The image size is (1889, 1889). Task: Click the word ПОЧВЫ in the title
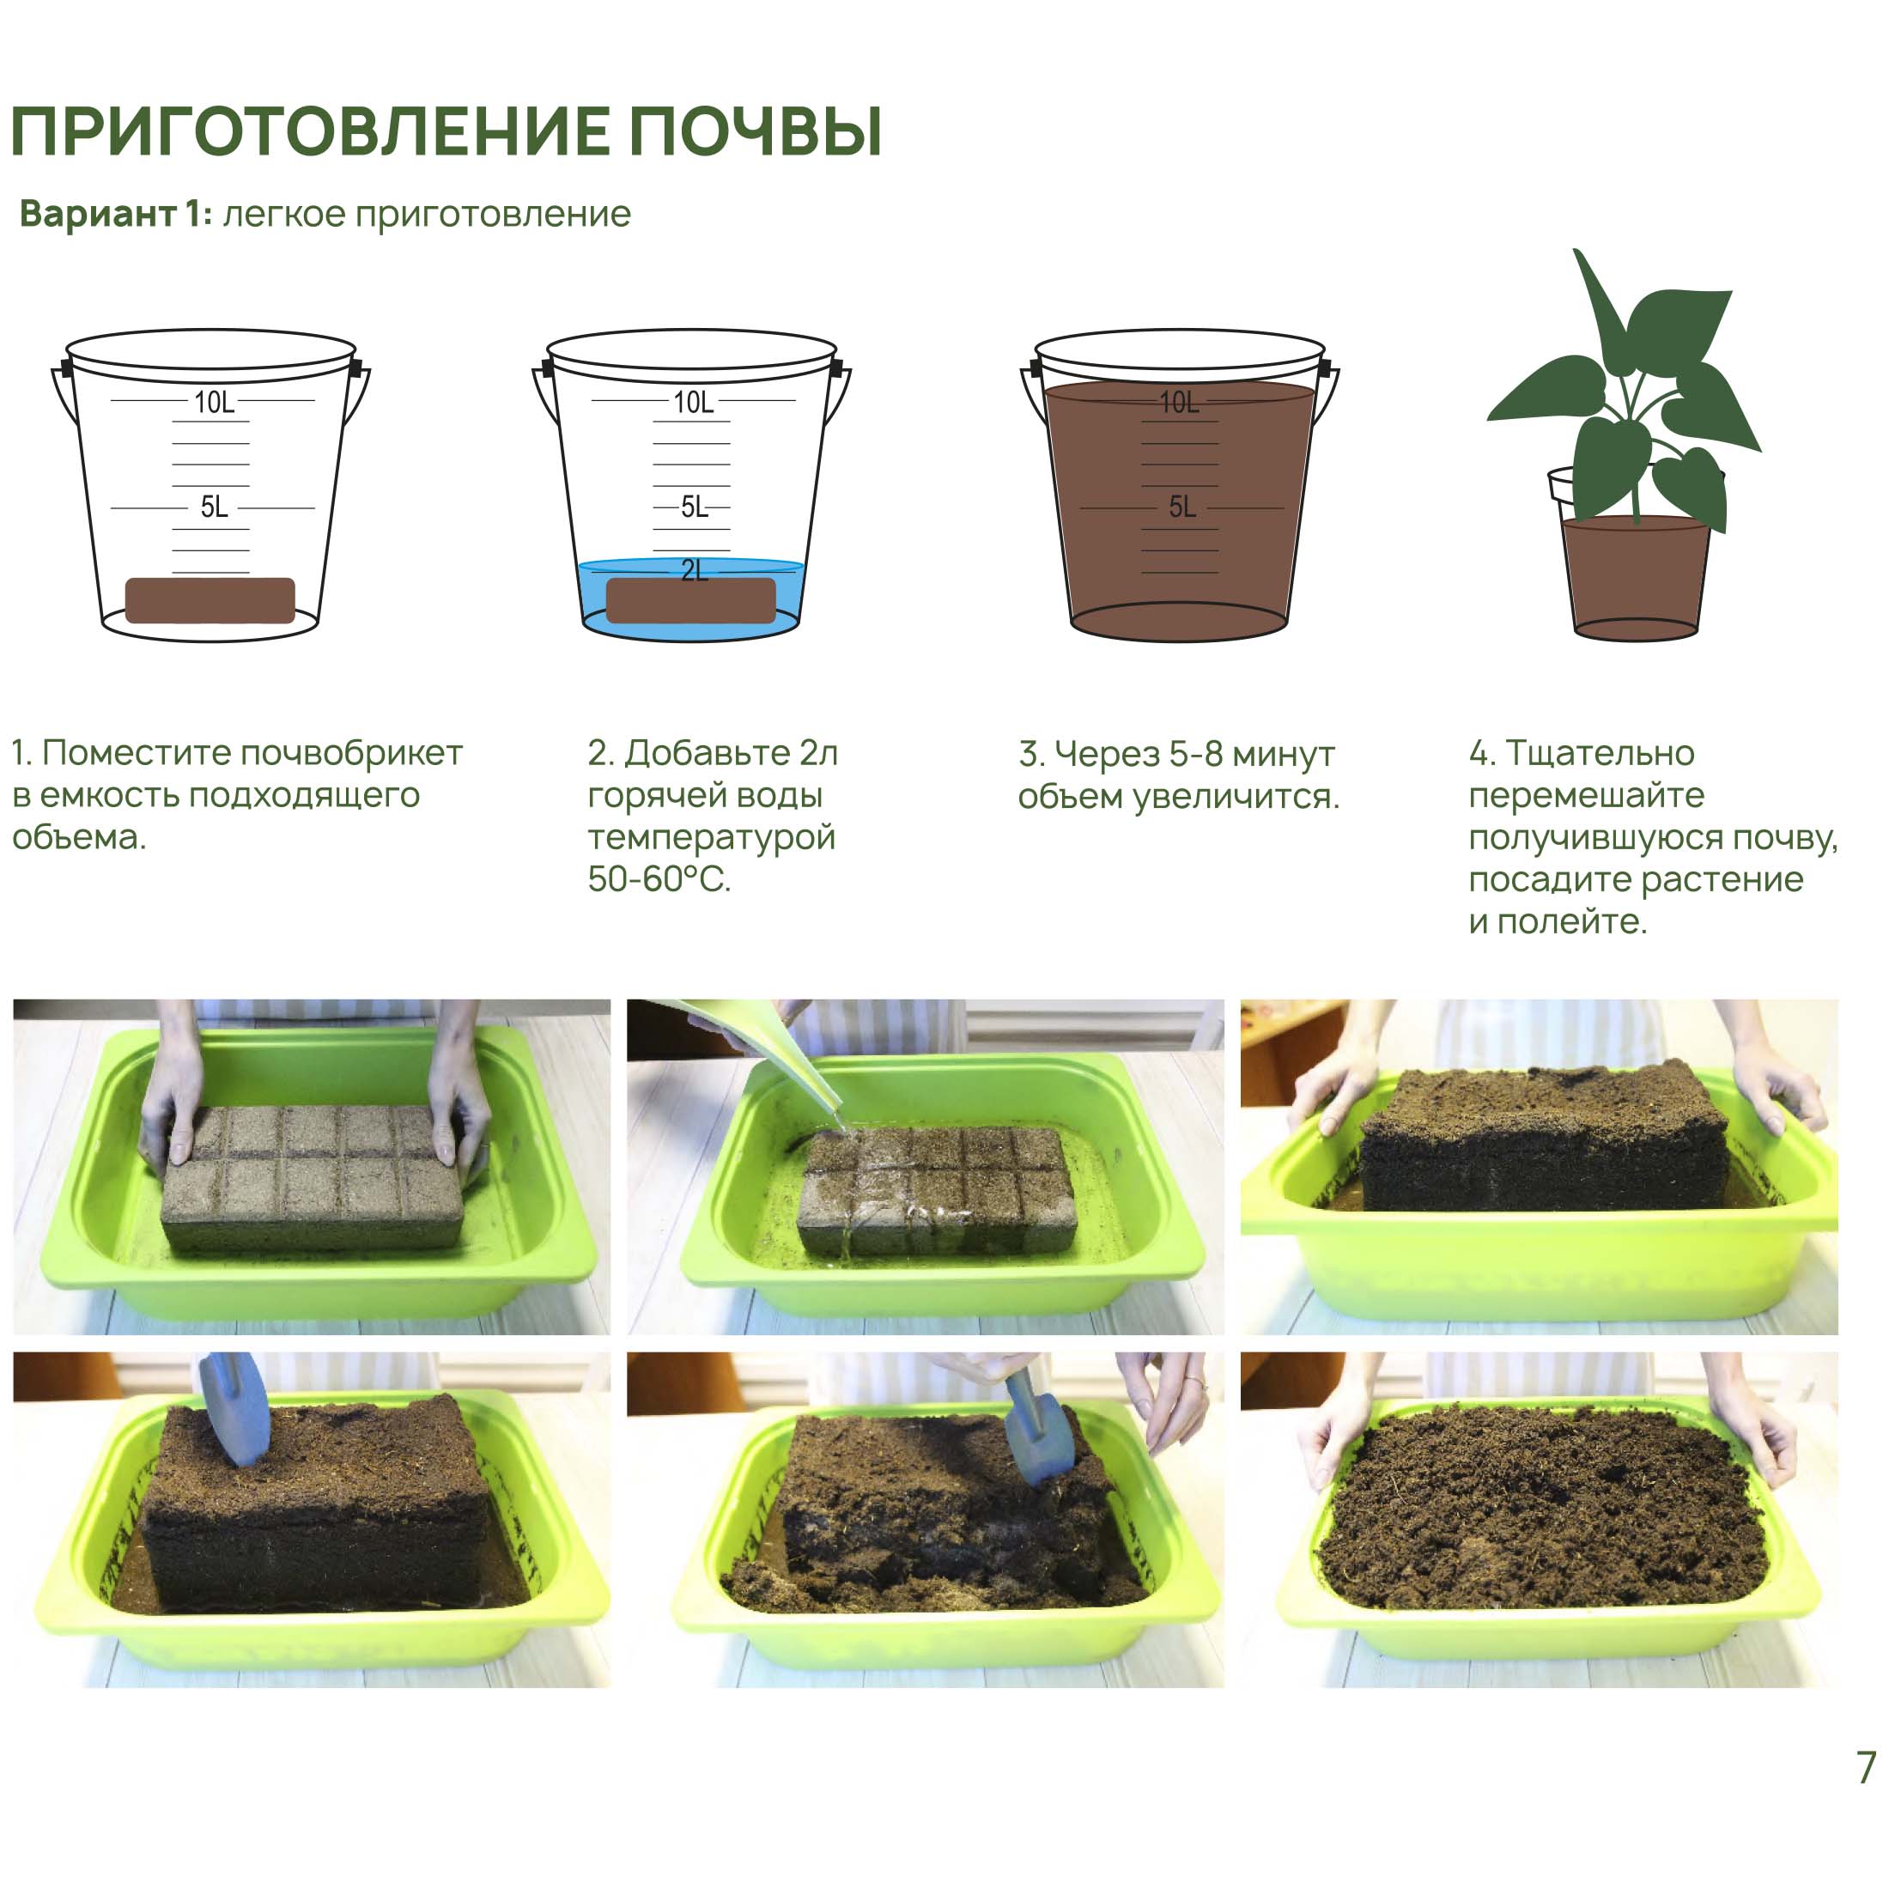(755, 131)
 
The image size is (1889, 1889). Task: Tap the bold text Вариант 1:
(115, 213)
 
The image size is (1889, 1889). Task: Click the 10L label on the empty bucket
(214, 402)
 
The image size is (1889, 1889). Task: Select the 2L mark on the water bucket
(694, 570)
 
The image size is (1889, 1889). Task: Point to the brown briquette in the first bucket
(210, 600)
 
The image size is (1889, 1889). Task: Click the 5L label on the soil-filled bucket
(1182, 507)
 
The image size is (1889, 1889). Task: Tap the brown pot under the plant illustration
(1635, 577)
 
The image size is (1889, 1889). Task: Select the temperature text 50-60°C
(659, 879)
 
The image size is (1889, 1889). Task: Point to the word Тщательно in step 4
(1600, 753)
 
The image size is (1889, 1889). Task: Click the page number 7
(1867, 1767)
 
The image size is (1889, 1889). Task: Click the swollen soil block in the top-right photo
(1543, 1137)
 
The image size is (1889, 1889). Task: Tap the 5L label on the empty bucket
(214, 507)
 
